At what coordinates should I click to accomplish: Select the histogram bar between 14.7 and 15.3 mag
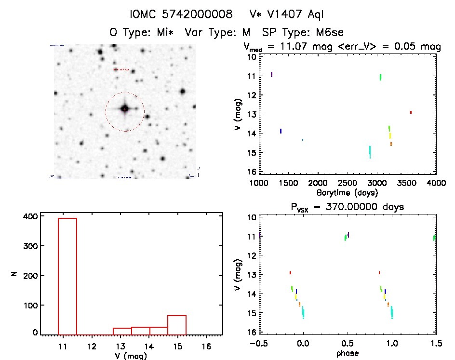[177, 325]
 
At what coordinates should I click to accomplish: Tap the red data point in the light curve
[411, 112]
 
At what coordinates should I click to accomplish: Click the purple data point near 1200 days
[272, 74]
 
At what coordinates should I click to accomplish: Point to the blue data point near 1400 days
[281, 131]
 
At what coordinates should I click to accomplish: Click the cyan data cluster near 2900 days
[370, 151]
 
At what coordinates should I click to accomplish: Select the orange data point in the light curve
[391, 144]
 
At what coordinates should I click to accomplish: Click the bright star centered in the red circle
[125, 109]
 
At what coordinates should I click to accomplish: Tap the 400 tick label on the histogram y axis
[29, 216]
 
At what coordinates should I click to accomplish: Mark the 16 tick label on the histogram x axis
[206, 346]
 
